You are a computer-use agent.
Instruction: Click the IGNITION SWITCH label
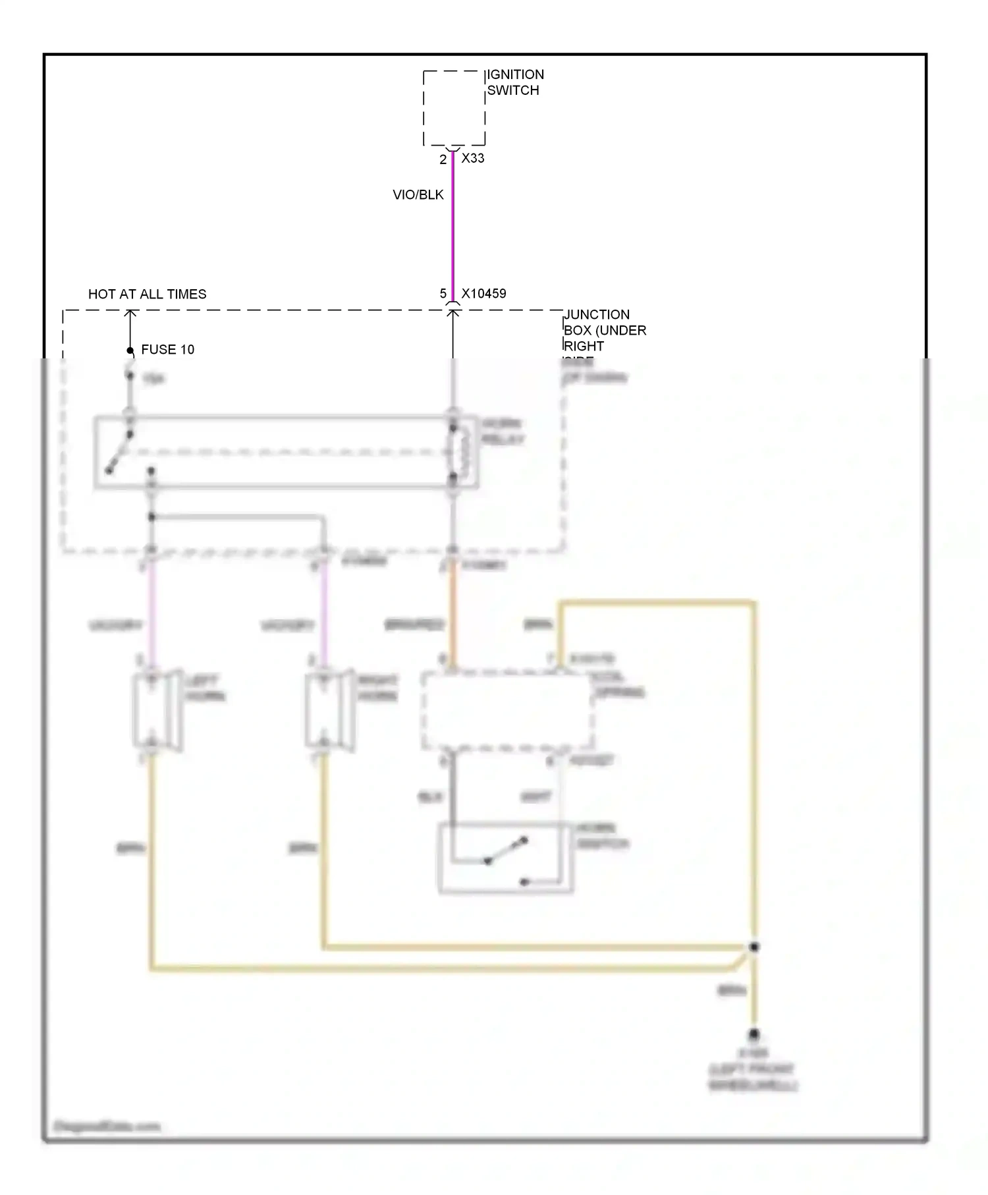point(515,82)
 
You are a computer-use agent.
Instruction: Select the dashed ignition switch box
point(454,107)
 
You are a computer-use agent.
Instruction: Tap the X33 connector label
point(473,158)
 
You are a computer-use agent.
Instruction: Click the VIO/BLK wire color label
point(418,195)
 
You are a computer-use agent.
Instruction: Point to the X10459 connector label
point(483,294)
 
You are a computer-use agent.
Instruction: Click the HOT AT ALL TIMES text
point(147,294)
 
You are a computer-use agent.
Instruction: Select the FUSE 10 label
point(167,350)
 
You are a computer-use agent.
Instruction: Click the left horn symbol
point(157,711)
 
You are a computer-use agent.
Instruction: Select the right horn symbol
point(329,711)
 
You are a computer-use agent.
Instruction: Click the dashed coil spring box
point(507,711)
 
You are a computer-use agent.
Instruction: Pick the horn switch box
point(505,858)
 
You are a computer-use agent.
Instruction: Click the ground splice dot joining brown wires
point(754,947)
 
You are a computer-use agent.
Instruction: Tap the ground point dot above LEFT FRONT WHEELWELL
point(754,1035)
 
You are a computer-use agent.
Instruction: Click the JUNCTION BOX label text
point(604,331)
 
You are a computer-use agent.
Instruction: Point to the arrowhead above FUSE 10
point(130,314)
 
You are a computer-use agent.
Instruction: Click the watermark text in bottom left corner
point(107,1126)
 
